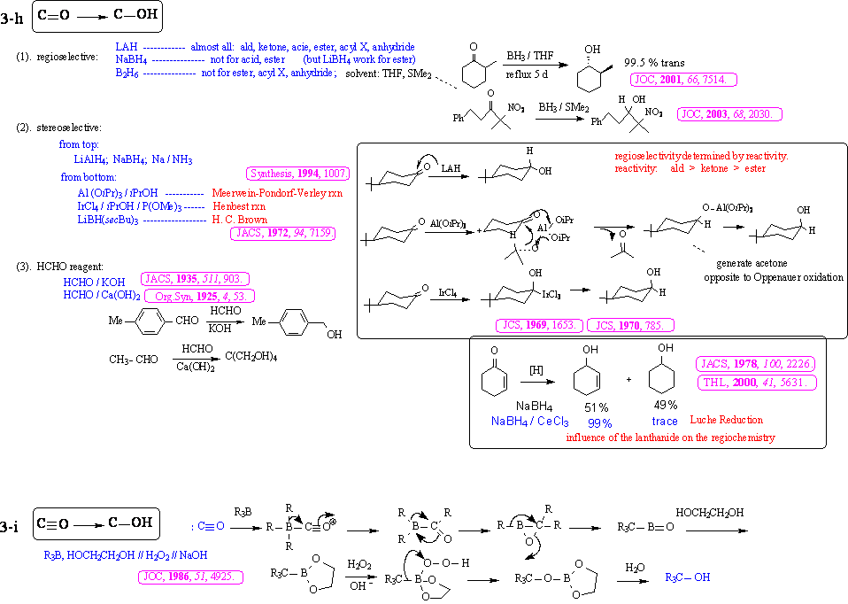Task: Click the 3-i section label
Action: click(12, 526)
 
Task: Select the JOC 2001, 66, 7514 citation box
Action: click(681, 80)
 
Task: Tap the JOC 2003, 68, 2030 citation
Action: click(730, 114)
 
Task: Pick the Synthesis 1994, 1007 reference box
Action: click(299, 174)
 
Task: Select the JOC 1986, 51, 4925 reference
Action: click(191, 577)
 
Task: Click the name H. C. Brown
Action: click(240, 218)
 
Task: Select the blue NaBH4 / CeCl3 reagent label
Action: click(530, 422)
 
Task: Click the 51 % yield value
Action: click(595, 407)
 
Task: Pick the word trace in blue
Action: click(664, 422)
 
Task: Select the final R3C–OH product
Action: click(688, 577)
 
